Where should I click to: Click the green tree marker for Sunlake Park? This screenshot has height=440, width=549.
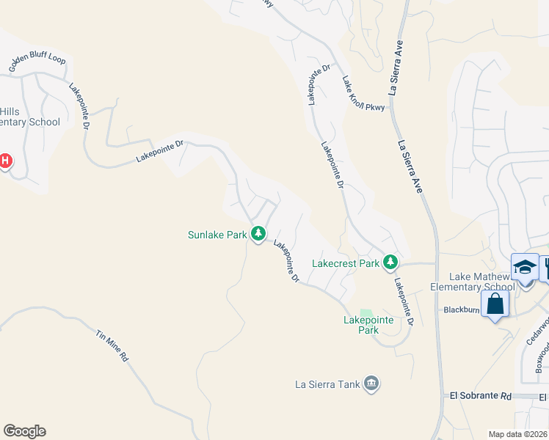coord(258,234)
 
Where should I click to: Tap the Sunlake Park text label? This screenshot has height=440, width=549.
coord(217,235)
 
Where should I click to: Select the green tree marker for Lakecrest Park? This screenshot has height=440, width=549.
coord(391,262)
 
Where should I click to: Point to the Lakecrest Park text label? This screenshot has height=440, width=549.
coord(346,263)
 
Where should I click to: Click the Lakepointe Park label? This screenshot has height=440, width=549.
coord(368,325)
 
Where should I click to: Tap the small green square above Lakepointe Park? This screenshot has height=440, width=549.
coord(366,313)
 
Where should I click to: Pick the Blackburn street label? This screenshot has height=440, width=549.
coord(461,310)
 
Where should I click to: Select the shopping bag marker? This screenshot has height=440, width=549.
coord(495,304)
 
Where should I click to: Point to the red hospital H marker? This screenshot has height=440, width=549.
coord(4,161)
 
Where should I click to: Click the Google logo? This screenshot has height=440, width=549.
coord(24,431)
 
